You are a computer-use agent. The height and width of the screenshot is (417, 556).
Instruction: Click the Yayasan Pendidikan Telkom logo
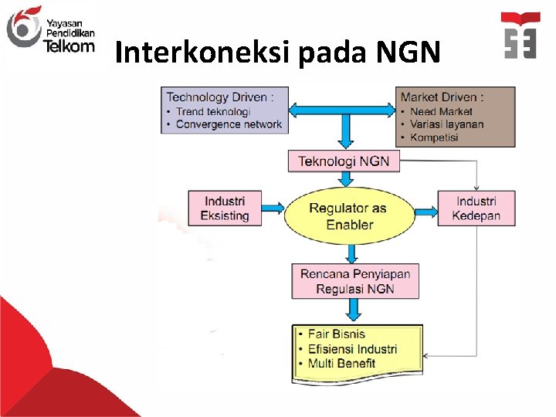[x=49, y=30]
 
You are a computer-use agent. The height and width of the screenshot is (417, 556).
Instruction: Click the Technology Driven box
[x=224, y=110]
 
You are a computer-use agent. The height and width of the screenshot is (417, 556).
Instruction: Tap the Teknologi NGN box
[x=344, y=161]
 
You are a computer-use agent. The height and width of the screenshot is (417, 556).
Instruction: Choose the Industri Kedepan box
[x=476, y=208]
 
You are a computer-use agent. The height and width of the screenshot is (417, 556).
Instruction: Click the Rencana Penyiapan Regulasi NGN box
[x=355, y=281]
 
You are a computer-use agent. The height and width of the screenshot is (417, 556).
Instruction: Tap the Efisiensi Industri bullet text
[x=352, y=349]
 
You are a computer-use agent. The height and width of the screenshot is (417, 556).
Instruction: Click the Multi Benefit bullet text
[x=341, y=363]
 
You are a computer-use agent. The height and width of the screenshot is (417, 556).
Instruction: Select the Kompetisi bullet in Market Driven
[x=434, y=137]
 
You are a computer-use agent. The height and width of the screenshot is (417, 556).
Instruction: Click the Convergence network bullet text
[x=229, y=124]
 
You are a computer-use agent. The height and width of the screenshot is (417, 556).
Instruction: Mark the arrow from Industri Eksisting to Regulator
[x=272, y=208]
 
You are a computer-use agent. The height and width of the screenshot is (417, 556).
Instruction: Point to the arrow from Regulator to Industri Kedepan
[x=425, y=208]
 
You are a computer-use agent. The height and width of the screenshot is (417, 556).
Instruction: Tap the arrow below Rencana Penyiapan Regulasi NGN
[x=354, y=310]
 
